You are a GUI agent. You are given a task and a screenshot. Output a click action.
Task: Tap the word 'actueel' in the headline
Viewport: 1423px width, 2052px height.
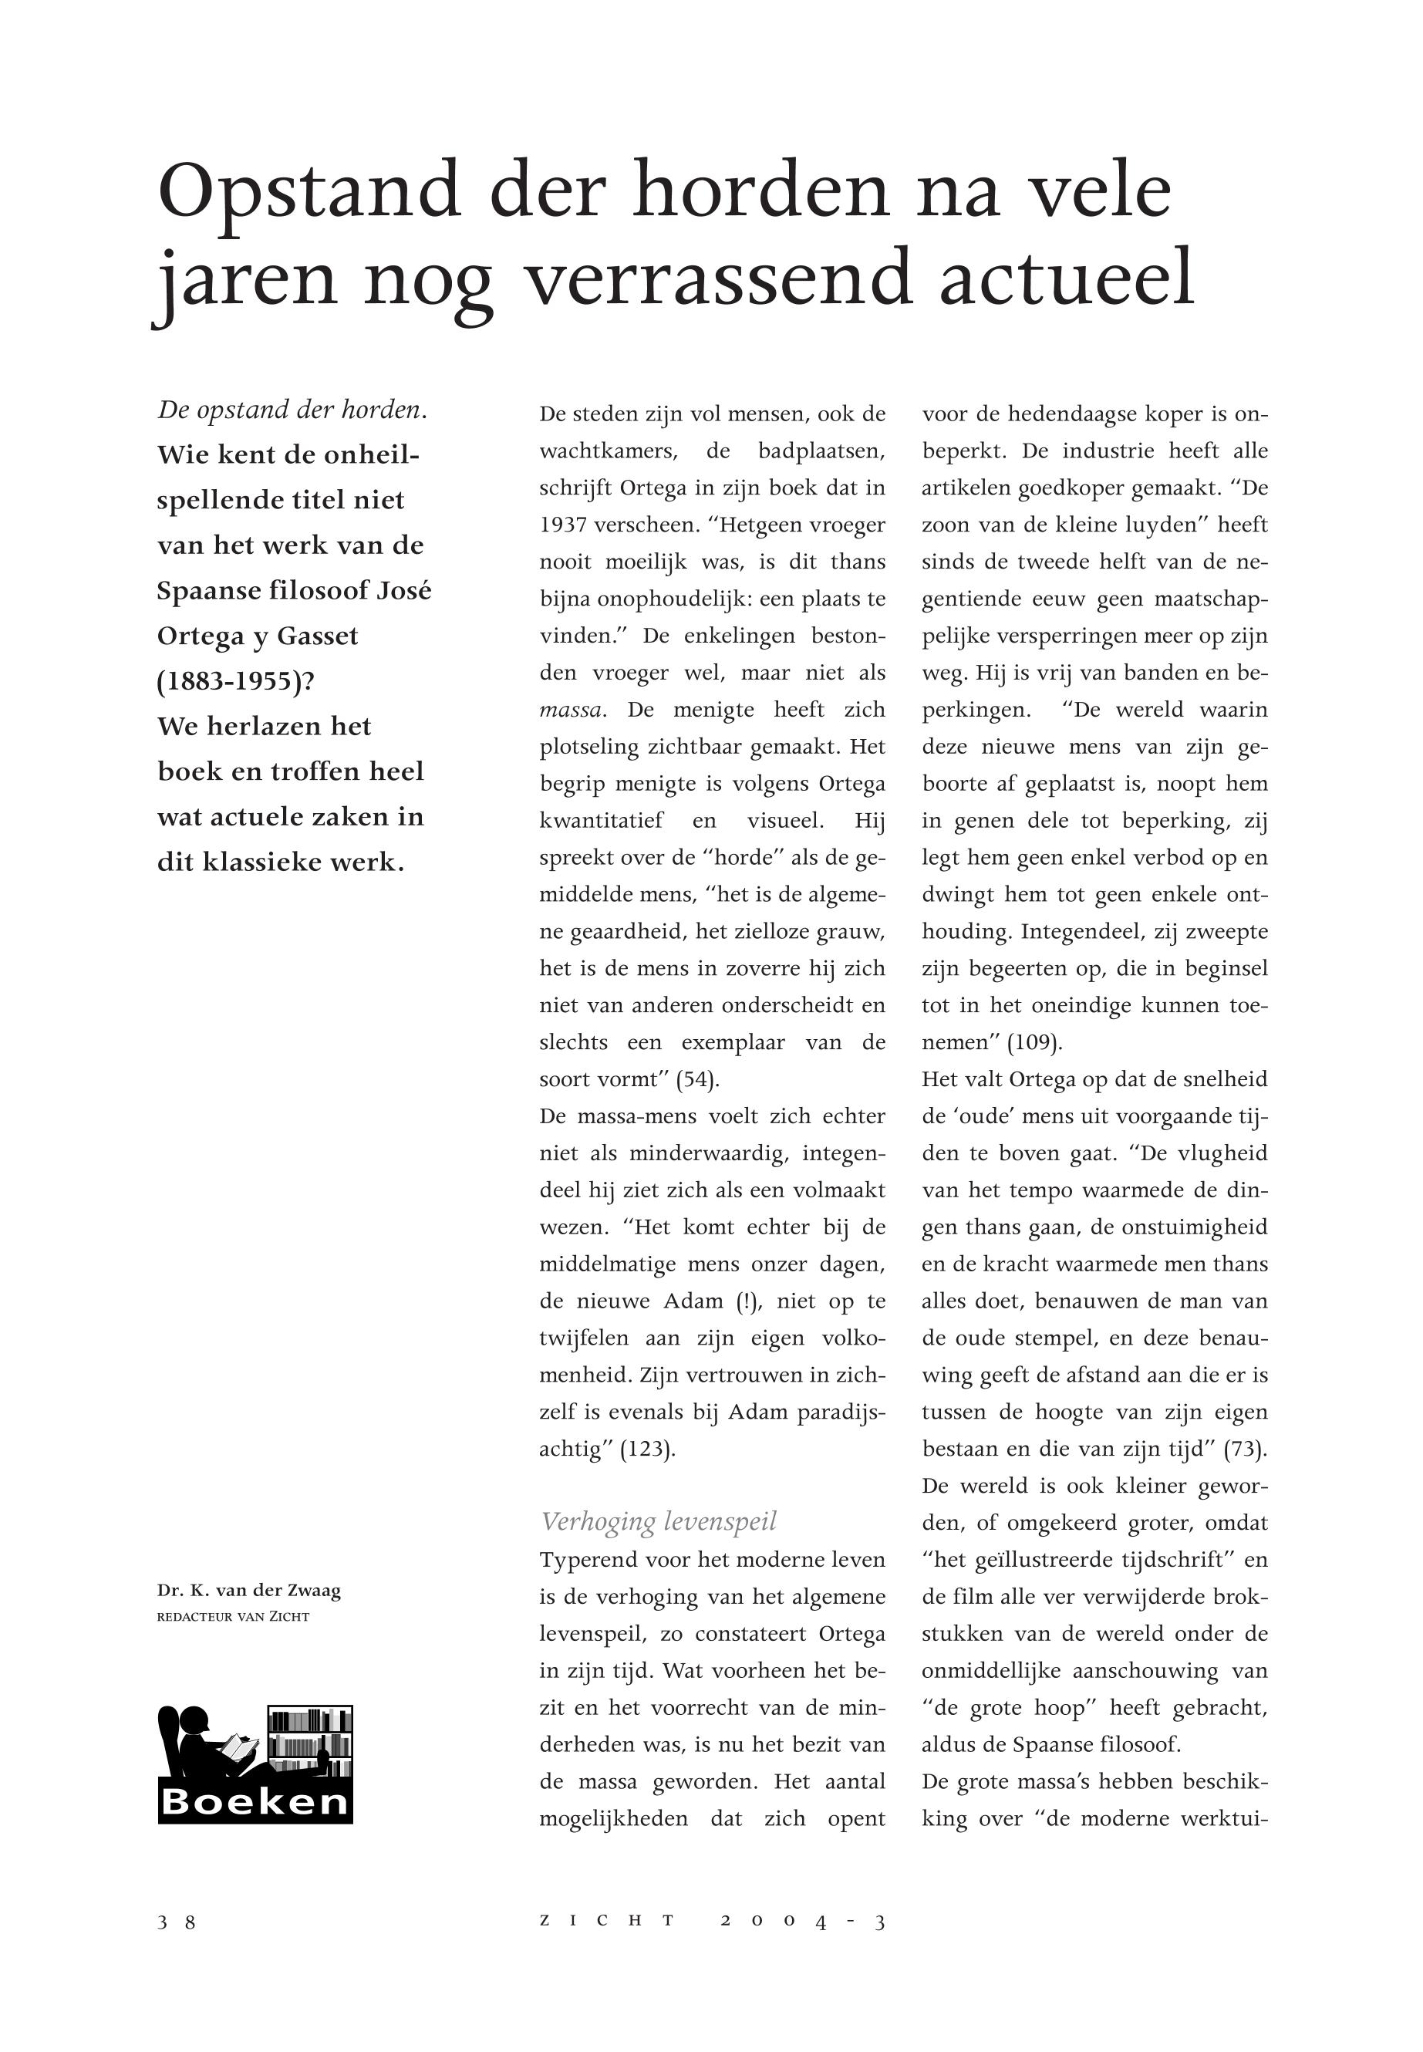[1067, 278]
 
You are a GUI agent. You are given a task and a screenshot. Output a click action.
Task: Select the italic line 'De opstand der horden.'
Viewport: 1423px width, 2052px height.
[292, 410]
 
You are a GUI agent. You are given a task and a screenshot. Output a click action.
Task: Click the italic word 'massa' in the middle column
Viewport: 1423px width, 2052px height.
[572, 710]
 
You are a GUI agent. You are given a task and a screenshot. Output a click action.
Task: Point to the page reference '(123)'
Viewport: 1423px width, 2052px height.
[647, 1450]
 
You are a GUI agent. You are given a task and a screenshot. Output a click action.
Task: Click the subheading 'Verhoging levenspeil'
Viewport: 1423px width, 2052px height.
[659, 1521]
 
